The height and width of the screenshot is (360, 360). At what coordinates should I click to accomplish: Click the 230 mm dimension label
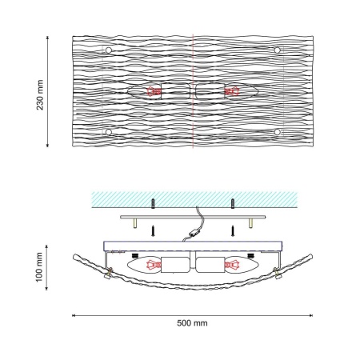(40, 95)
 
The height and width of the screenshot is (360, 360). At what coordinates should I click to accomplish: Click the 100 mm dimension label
(39, 267)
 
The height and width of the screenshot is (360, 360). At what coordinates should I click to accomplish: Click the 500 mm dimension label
(192, 323)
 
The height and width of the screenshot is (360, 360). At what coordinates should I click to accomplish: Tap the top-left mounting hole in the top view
(108, 50)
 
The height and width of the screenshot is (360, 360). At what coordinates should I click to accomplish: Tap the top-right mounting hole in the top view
(277, 50)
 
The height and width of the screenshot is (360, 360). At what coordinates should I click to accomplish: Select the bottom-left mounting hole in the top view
(108, 132)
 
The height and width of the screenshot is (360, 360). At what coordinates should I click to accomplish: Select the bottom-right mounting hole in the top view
(277, 132)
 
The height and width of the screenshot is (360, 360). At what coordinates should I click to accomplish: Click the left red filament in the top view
(154, 91)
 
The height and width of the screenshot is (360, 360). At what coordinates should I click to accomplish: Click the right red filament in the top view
(232, 91)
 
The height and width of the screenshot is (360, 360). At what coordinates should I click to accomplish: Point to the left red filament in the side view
(154, 265)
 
